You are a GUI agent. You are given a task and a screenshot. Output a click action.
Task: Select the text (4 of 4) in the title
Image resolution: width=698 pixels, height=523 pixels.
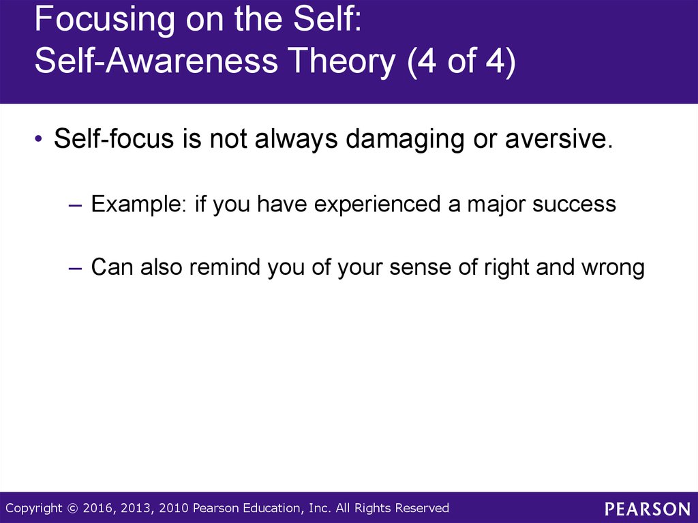coord(461,62)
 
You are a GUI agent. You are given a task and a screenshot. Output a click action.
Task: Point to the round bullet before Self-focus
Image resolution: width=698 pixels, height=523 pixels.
coord(38,138)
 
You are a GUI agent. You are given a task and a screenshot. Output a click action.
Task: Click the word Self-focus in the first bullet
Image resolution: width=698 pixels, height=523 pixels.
coord(114,138)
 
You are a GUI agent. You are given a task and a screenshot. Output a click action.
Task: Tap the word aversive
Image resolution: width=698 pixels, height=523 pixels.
coord(559,139)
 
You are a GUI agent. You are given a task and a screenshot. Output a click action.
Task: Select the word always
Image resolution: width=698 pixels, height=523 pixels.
coord(296,139)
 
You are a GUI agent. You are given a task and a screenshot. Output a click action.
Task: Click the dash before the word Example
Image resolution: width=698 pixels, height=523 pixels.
coord(76,205)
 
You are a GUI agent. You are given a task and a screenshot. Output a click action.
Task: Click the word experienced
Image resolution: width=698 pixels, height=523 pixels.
coord(378,205)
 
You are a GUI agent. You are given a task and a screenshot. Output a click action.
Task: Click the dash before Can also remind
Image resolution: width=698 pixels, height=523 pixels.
coord(76,268)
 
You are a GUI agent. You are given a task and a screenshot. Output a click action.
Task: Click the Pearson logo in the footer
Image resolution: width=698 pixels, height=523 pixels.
coord(648,509)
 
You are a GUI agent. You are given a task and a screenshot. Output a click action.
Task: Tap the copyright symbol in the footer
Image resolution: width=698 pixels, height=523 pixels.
coord(72,508)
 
